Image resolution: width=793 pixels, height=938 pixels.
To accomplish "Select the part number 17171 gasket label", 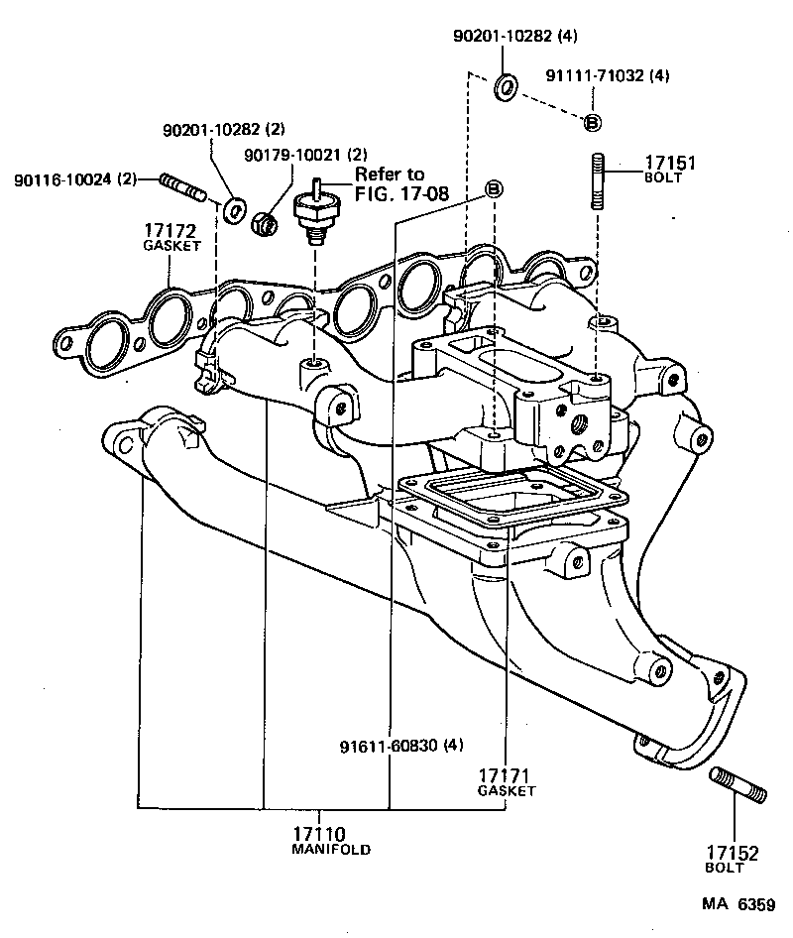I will tap(506, 775).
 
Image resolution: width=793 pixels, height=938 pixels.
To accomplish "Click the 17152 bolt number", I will tap(732, 852).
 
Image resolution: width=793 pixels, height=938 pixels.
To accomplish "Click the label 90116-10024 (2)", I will tap(75, 179).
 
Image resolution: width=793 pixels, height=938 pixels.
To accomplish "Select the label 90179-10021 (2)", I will tap(305, 155).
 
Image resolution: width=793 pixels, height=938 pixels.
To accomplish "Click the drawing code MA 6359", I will tap(738, 904).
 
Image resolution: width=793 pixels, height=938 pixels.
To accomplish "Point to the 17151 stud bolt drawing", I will tap(598, 180).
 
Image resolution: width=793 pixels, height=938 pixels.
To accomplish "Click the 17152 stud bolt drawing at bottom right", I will tap(738, 785).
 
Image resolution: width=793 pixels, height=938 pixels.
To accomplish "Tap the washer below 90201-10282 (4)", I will tap(505, 86).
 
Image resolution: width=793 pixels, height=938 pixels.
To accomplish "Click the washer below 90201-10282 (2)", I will tap(236, 210).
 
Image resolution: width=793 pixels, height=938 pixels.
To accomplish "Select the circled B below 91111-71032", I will tap(591, 122).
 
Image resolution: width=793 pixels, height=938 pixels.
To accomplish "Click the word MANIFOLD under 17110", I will tap(330, 851).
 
